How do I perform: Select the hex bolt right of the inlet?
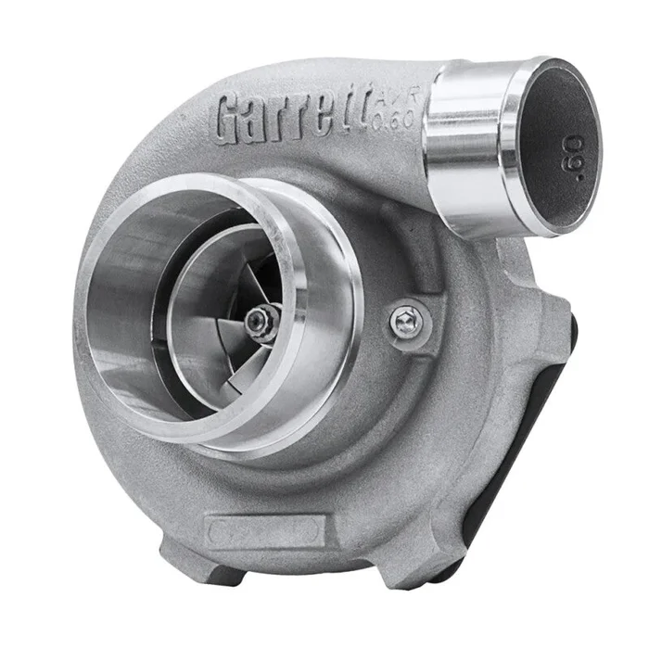tap(403, 322)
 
